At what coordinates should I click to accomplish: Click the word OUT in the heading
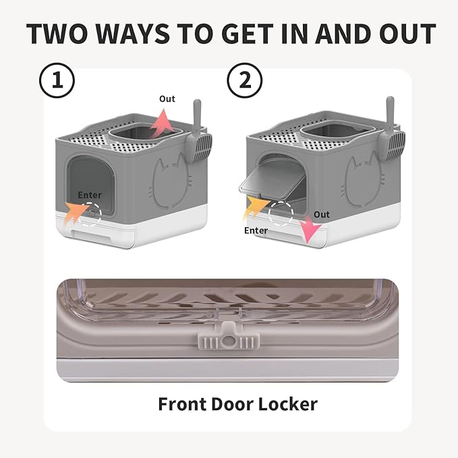[402, 34]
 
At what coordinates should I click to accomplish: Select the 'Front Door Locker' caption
[237, 404]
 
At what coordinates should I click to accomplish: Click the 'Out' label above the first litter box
[167, 98]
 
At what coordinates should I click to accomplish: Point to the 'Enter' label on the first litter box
[90, 195]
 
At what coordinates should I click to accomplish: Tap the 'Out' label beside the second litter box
[322, 214]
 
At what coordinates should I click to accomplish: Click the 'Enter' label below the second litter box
[256, 231]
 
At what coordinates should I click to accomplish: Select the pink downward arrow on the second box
[309, 230]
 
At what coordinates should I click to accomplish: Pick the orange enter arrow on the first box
[75, 212]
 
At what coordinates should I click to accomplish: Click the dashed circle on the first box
[90, 214]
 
